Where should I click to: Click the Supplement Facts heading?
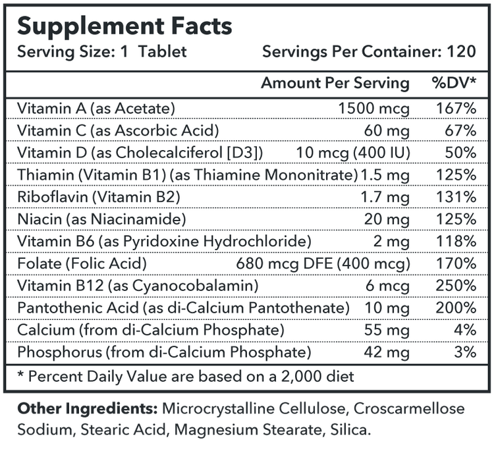124,26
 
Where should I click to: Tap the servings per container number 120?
460,51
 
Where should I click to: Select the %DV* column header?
454,83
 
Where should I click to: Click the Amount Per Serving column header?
335,83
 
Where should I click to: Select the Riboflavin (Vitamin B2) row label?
99,197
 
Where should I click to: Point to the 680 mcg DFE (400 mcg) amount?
322,263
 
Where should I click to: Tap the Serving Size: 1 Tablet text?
101,51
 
